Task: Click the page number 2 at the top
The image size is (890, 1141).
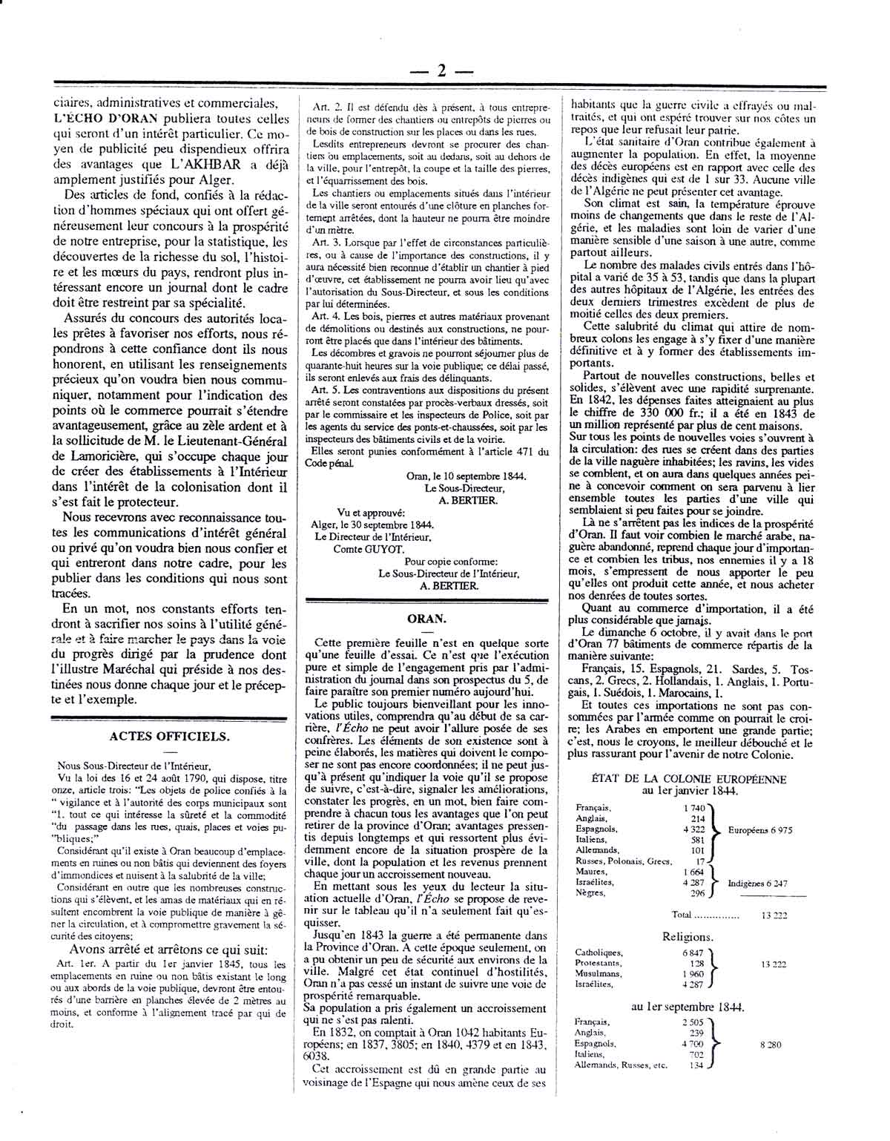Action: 441,70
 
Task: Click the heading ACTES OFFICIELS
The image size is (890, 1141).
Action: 170,736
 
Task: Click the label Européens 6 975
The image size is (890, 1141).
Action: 760,829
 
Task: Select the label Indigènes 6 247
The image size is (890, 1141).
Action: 762,884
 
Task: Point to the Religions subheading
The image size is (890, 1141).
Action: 688,937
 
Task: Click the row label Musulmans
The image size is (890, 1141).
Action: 599,973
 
